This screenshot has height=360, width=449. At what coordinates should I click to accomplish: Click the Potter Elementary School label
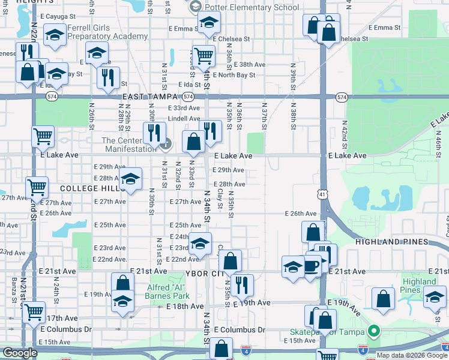click(252, 7)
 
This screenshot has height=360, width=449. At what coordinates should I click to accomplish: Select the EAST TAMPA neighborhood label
click(150, 97)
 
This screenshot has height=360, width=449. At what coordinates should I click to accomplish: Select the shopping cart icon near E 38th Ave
click(203, 56)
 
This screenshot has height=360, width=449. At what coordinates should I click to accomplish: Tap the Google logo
click(19, 353)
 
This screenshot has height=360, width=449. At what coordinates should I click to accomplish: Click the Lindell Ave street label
click(184, 119)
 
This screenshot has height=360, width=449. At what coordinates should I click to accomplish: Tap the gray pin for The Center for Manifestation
click(167, 143)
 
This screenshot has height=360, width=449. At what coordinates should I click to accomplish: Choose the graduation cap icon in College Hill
click(130, 178)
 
